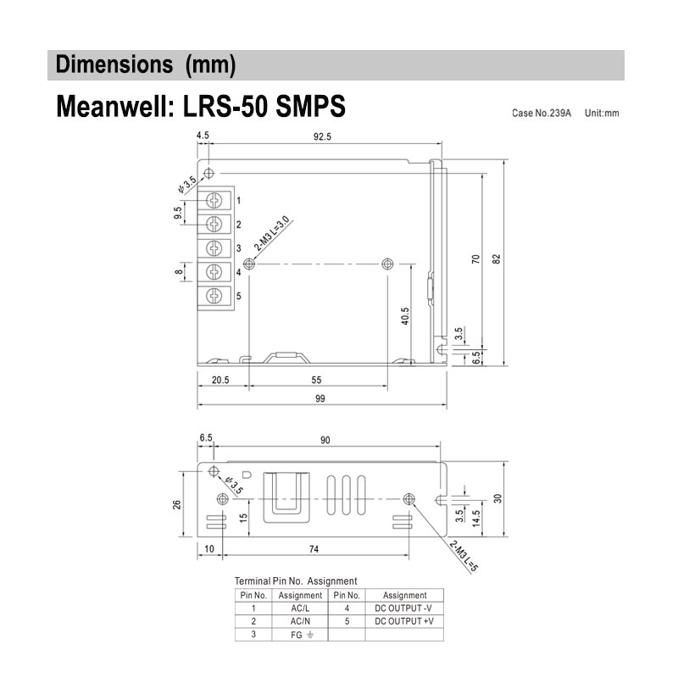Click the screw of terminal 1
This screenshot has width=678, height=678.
[x=214, y=200]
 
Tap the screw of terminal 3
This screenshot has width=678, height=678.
[x=214, y=248]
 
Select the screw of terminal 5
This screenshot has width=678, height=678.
[x=214, y=296]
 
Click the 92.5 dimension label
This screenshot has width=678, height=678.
[x=322, y=136]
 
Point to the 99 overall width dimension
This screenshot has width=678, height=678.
[x=320, y=398]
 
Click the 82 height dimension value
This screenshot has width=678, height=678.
[x=497, y=259]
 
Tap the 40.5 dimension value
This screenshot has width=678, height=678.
[x=405, y=316]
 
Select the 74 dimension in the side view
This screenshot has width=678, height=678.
[x=314, y=548]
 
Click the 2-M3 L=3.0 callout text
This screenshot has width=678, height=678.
[x=271, y=234]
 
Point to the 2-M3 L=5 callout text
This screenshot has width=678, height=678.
[x=464, y=556]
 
